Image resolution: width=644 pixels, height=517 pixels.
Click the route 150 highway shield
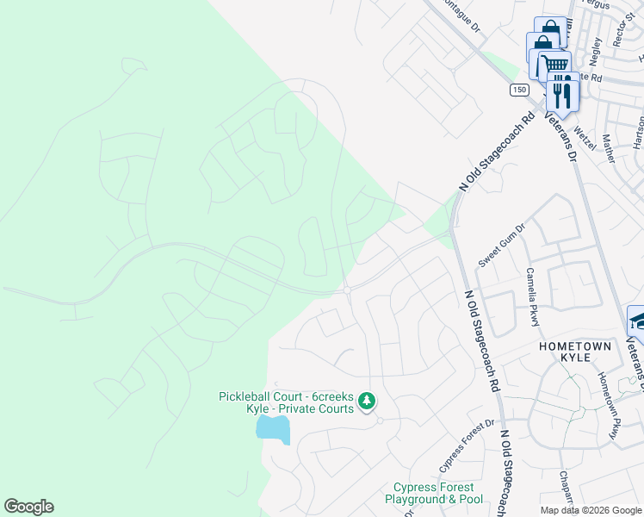[x=518, y=90]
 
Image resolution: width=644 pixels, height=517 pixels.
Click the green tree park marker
[x=367, y=401]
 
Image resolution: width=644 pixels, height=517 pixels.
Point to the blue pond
[x=274, y=427]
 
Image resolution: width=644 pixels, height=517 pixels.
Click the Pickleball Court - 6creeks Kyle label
[x=286, y=402]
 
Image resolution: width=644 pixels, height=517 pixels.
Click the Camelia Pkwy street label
[x=532, y=296]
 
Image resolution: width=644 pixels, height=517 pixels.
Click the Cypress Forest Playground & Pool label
[x=434, y=493]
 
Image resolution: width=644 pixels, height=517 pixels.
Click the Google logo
[x=28, y=507]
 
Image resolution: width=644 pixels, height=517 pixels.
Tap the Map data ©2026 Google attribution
[x=591, y=510]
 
